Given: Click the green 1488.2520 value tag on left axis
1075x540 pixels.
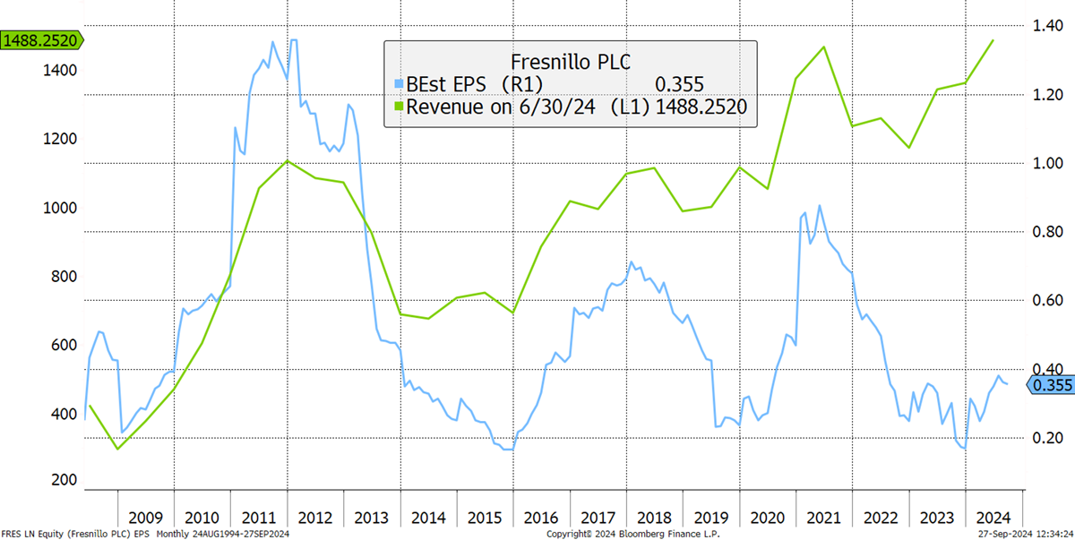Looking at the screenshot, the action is [41, 40].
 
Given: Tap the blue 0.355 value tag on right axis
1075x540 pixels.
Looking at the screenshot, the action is [1051, 385].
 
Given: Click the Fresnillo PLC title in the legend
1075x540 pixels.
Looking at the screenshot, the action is [570, 62].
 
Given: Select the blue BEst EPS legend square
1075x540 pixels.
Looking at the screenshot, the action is [399, 84].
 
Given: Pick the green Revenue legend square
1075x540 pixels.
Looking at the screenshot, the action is [399, 107].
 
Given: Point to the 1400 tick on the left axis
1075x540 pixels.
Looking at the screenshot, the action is [60, 71].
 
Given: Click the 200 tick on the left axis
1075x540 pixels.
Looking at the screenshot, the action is [64, 480].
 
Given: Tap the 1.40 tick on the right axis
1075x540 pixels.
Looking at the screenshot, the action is [1047, 25].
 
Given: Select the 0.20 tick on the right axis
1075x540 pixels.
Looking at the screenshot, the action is [1047, 438].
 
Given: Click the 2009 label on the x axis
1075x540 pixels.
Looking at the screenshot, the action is [145, 518].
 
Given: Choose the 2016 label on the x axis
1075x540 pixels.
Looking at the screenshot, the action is [541, 518].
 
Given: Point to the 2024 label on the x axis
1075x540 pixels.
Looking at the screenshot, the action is [993, 518].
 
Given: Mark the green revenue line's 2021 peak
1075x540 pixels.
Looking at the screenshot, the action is [824, 47].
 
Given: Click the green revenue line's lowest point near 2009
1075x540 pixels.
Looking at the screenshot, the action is [117, 449].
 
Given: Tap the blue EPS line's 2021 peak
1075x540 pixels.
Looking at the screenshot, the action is [819, 206].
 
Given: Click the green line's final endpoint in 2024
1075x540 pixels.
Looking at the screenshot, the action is [993, 41].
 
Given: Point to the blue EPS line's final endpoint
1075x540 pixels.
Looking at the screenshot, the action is [1007, 384].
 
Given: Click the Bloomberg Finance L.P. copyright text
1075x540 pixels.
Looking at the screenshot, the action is [633, 534].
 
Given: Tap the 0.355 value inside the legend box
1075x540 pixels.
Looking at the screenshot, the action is [679, 85].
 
